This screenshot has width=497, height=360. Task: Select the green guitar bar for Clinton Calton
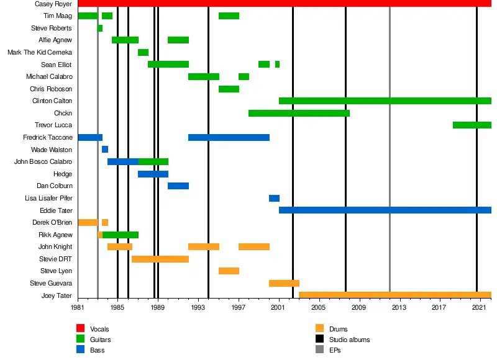pos(385,101)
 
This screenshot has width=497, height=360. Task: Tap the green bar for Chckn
pos(299,113)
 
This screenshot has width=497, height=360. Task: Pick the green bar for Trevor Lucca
pos(472,125)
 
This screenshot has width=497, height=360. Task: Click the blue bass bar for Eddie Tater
pos(385,210)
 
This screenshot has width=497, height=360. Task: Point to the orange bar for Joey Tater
pos(395,295)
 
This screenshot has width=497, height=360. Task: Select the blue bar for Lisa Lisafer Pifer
pos(274,198)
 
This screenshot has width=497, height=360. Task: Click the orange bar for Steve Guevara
pos(284,283)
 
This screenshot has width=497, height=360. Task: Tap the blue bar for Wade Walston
pos(105,150)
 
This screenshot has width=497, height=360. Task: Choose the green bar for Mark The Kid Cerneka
pos(143,52)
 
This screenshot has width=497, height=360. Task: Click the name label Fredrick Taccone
pos(48,137)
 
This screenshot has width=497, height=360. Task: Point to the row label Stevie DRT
pos(57,259)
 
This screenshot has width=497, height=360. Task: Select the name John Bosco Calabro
pos(43,162)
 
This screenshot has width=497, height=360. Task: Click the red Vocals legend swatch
pos(80,328)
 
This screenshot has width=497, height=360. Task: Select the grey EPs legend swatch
pos(319,350)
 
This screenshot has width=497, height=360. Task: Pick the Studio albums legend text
pos(351,340)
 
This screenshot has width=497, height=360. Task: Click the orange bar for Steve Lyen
pos(229,271)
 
